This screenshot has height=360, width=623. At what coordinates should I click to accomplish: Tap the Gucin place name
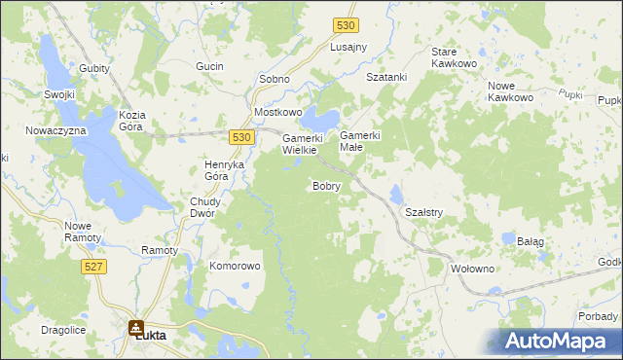(x=209, y=66)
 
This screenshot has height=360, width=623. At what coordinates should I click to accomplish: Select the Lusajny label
(x=348, y=48)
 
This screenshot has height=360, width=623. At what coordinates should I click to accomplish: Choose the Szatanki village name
(x=385, y=77)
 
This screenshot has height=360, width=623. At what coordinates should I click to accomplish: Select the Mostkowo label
(x=278, y=112)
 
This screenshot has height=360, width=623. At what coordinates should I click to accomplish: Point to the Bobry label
(x=326, y=185)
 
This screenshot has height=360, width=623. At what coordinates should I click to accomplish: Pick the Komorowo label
(x=236, y=266)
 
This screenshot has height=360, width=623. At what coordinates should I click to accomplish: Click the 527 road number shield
(x=94, y=266)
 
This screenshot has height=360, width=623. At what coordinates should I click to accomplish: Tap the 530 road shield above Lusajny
(x=344, y=26)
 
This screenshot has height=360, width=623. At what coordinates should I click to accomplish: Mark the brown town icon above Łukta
(x=137, y=328)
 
